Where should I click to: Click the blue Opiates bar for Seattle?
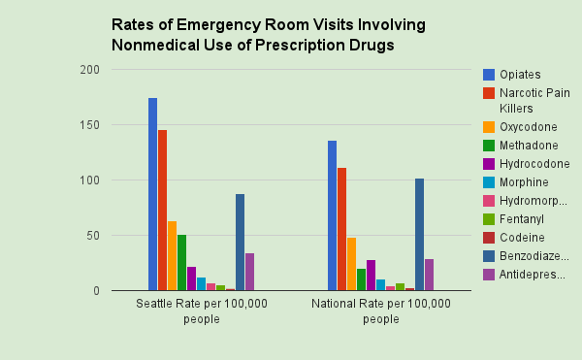[152, 194]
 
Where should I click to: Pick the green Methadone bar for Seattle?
[181, 263]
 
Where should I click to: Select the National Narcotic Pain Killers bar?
[341, 229]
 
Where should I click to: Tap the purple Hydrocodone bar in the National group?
[371, 276]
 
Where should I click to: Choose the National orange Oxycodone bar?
[351, 264]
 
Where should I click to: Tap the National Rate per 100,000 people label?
[380, 311]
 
